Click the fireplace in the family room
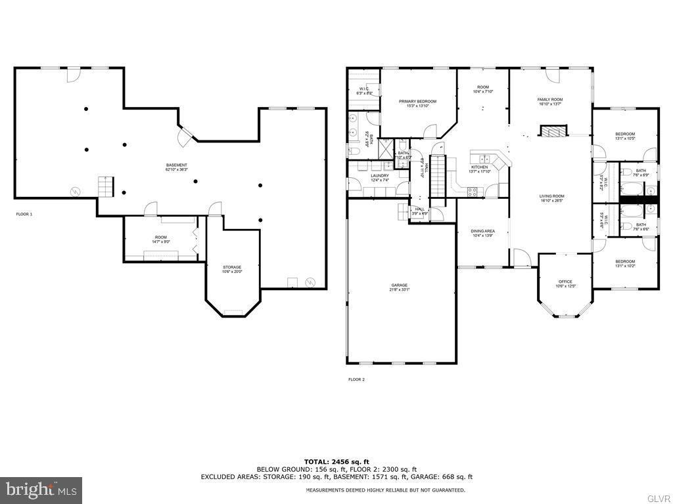[551, 131]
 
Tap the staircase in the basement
[105, 186]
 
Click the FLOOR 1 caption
[24, 215]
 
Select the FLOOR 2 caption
[356, 379]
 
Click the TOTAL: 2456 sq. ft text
[336, 461]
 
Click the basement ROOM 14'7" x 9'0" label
[161, 240]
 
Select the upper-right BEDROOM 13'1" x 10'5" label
[624, 136]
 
